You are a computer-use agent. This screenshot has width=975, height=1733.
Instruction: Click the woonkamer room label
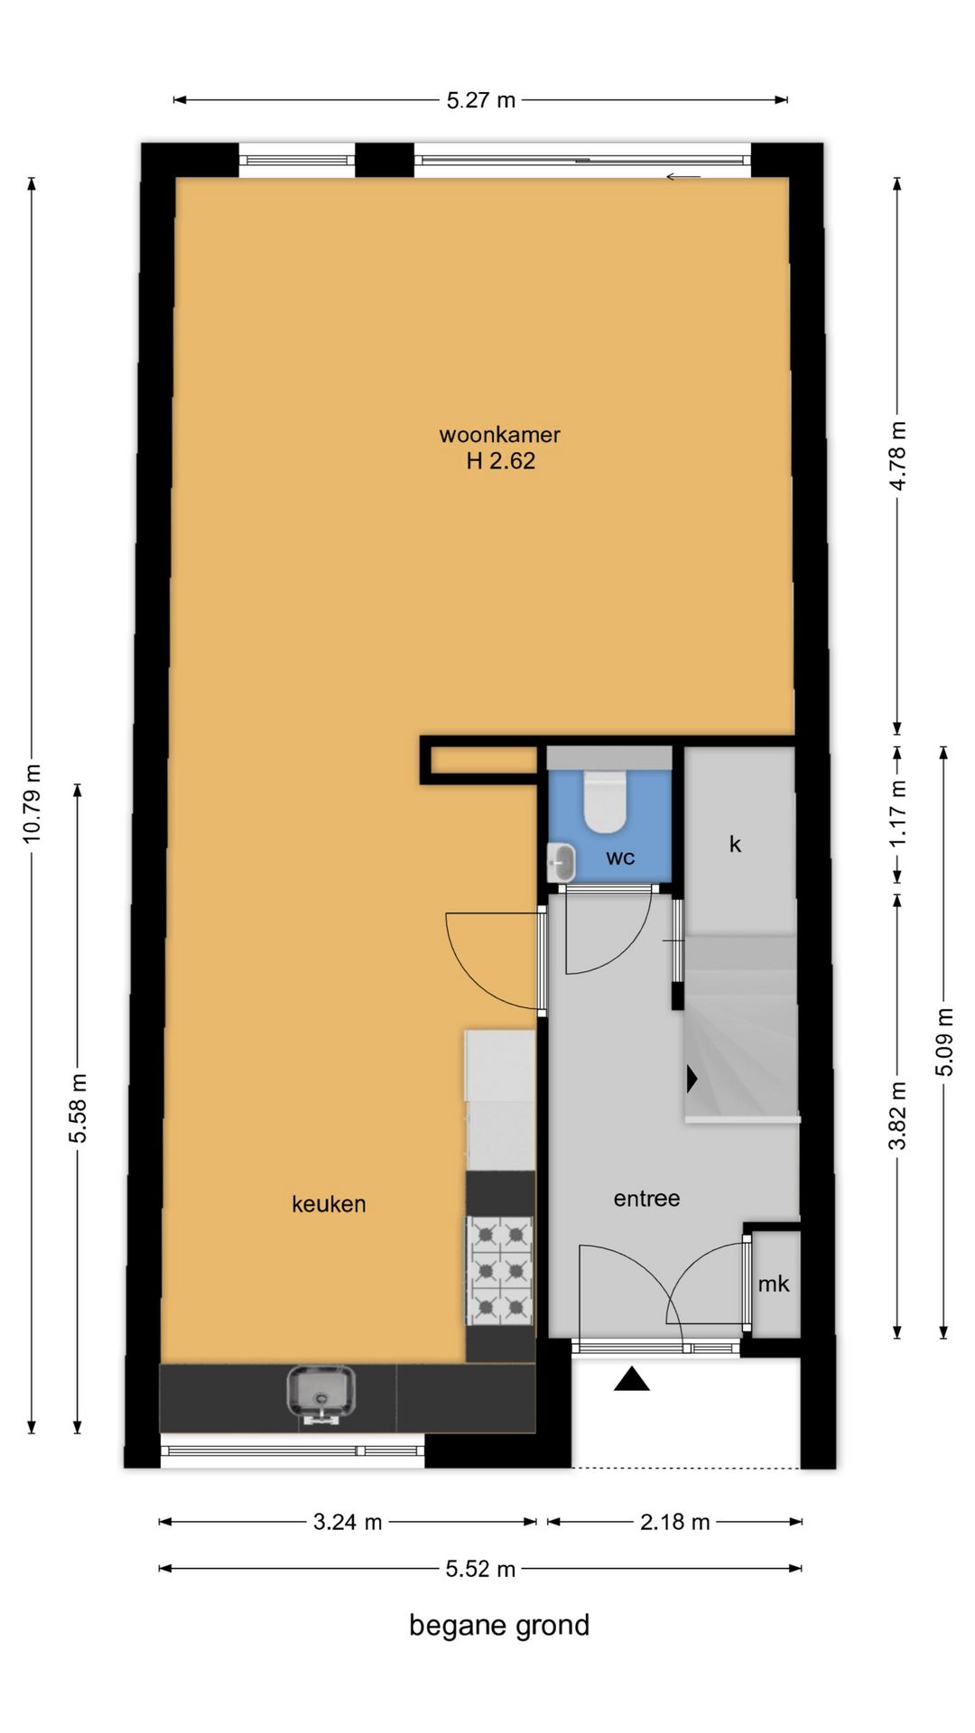pos(499,434)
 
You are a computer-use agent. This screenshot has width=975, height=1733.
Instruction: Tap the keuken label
pos(329,1204)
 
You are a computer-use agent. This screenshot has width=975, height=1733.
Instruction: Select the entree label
pos(646,1199)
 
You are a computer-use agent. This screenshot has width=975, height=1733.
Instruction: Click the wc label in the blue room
pos(620,857)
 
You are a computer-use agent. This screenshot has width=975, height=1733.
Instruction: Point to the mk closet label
pos(774,1284)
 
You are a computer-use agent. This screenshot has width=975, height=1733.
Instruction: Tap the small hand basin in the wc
pos(562,863)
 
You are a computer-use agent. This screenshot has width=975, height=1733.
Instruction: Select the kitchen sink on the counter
pos(321,1394)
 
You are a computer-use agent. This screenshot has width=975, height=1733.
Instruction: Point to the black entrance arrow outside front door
pos(632,1379)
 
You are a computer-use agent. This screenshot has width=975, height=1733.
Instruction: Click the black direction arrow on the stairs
pos(692,1079)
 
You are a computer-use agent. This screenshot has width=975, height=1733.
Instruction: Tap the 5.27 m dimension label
pos(481,100)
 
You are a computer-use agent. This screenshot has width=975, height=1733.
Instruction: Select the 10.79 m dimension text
pos(32,803)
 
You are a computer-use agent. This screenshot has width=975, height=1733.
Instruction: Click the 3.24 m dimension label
pos(348,1522)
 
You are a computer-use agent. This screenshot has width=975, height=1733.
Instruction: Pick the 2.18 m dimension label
pos(675,1522)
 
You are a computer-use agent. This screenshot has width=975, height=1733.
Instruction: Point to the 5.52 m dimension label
pos(480,1569)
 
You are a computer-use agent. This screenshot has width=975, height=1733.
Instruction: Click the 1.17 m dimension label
pos(898,813)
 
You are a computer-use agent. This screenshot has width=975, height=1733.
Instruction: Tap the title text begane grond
pos(499,1626)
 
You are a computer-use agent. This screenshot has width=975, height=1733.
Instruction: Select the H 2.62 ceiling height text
pos(500,461)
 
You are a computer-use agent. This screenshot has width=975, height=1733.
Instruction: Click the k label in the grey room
pos(735,844)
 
